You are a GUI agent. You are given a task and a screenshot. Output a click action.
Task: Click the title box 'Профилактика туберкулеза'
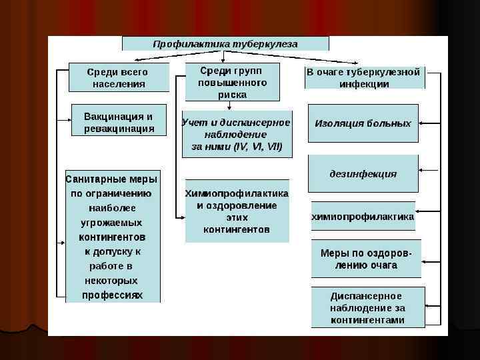click(225, 44)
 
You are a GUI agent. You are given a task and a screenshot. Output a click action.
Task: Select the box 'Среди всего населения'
click(119, 77)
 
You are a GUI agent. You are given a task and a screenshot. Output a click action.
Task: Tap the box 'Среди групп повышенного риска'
click(231, 82)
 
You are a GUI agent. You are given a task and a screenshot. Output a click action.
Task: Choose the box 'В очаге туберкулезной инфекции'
click(364, 78)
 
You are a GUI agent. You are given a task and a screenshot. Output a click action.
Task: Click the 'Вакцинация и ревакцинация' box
click(119, 122)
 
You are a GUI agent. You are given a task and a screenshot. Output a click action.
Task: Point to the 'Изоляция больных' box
click(363, 123)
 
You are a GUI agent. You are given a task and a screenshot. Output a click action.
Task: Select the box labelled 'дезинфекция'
click(363, 174)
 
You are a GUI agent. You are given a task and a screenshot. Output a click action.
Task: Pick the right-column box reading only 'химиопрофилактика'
click(363, 217)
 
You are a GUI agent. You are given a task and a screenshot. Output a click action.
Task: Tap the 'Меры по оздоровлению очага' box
click(366, 259)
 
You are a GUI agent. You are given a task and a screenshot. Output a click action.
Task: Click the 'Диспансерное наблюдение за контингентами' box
click(367, 307)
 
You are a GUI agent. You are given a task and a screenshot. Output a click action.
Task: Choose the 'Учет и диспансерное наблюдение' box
click(236, 134)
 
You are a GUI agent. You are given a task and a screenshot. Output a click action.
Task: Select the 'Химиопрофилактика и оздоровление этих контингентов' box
click(237, 211)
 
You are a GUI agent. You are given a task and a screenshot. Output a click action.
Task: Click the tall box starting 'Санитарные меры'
click(113, 237)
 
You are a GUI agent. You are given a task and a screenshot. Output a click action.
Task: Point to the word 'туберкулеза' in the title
click(265, 44)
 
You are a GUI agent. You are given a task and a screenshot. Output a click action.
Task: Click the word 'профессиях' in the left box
click(112, 295)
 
